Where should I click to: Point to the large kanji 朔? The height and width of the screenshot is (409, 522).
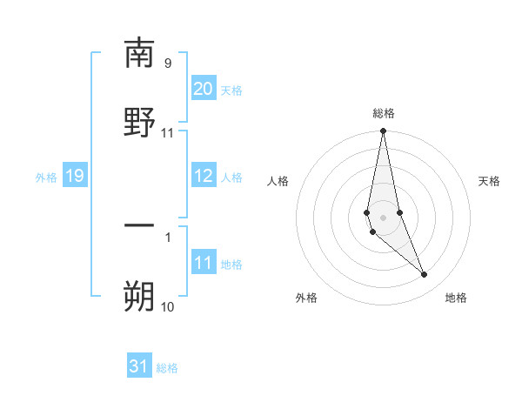(139, 296)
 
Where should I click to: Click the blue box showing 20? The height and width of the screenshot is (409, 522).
(204, 88)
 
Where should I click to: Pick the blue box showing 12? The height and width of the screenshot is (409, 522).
(204, 176)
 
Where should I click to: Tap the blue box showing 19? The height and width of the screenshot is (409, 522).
(75, 177)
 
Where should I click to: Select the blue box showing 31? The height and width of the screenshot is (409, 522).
(139, 366)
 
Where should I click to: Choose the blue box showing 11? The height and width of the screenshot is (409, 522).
(204, 263)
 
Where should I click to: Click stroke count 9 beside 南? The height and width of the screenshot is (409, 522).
(168, 63)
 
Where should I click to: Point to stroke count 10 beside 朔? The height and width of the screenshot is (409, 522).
(168, 306)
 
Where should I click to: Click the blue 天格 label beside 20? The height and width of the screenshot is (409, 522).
(231, 90)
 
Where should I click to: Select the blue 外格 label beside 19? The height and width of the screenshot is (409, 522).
(46, 178)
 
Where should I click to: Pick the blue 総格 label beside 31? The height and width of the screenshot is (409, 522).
(167, 368)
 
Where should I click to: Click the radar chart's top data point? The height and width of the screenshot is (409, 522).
(383, 131)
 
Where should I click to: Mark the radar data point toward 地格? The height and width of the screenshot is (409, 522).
(425, 275)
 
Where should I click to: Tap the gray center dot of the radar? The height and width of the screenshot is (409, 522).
(383, 217)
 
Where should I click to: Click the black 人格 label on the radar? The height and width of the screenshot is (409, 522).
(278, 181)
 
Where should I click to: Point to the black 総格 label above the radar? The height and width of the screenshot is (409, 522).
(384, 113)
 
